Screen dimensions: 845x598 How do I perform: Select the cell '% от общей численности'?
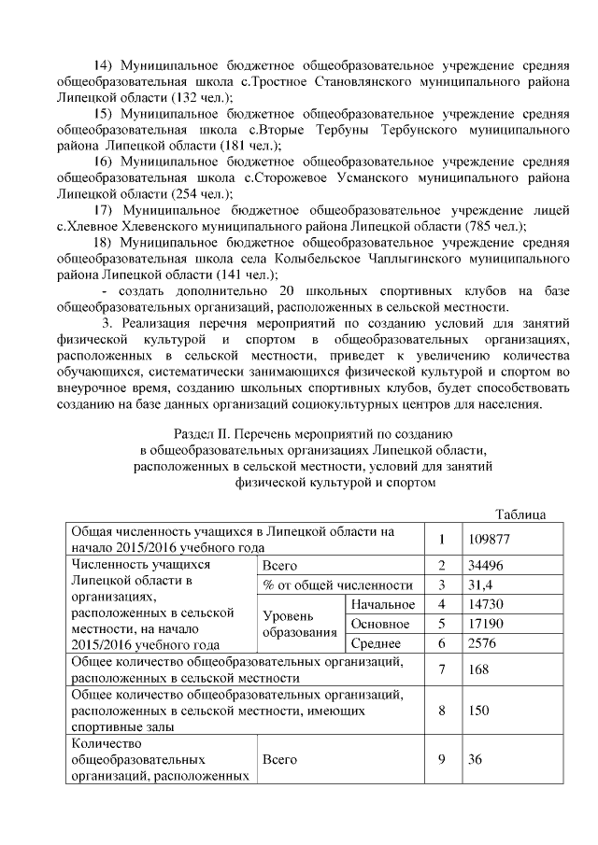[x=337, y=584]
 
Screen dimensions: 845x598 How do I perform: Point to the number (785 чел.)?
[x=494, y=226]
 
